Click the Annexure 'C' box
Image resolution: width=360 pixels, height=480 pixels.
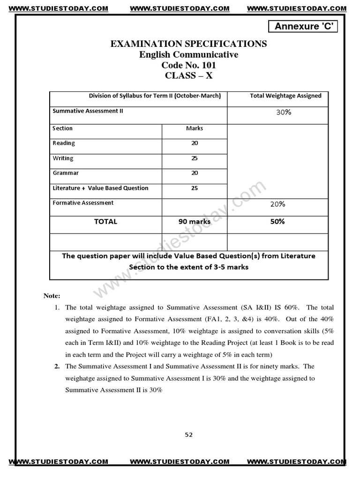tap(303, 27)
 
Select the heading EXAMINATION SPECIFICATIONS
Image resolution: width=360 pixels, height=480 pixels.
tap(188, 44)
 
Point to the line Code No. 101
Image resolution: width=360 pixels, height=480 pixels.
tap(188, 65)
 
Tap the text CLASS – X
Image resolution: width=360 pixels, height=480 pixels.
tap(188, 76)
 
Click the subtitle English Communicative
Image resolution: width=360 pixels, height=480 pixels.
tap(188, 54)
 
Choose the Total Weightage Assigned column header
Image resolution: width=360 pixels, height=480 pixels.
tap(285, 96)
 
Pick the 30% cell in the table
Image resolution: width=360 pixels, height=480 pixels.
tap(284, 112)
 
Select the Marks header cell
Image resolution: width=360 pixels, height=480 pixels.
tap(195, 128)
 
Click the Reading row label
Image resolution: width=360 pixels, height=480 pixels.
tap(64, 143)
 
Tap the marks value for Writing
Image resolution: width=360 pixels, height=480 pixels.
tap(195, 158)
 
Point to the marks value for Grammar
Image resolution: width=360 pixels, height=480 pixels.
tap(195, 173)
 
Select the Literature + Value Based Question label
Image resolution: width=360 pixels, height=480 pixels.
tap(100, 188)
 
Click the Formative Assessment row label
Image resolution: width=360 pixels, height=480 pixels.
tap(83, 203)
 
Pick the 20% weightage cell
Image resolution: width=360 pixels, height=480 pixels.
tap(277, 204)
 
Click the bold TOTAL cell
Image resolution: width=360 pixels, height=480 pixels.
tap(105, 221)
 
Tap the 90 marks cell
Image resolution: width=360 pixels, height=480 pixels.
tap(195, 221)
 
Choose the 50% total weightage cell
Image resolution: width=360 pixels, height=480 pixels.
tap(277, 221)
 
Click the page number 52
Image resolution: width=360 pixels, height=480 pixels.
tap(188, 435)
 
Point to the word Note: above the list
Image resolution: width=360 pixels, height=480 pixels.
tap(52, 296)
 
